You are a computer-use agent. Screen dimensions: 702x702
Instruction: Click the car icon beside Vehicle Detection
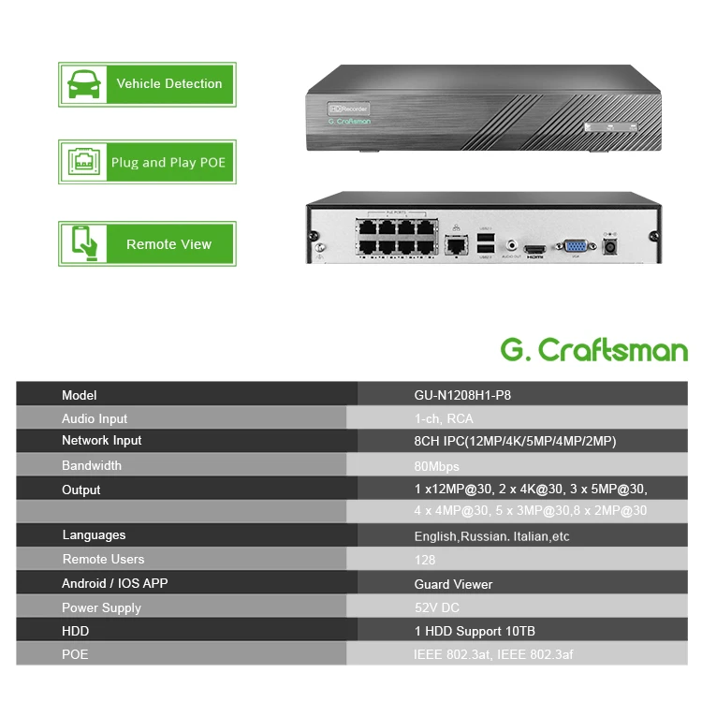[81, 84]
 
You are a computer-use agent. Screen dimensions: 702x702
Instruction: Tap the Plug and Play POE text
[168, 163]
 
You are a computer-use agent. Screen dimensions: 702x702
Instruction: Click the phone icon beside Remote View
[81, 244]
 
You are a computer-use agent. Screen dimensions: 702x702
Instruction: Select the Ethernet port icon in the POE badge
[81, 163]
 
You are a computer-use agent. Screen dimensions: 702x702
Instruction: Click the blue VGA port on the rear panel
[575, 247]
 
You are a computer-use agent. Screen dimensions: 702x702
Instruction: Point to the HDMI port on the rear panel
[534, 250]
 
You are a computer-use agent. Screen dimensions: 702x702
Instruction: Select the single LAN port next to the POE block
[456, 245]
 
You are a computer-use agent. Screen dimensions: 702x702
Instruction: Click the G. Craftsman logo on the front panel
[349, 121]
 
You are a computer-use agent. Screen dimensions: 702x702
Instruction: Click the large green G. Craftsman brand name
[594, 351]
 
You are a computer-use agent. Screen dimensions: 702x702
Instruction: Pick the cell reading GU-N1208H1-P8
[462, 395]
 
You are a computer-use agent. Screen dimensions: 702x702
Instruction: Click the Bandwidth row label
[92, 465]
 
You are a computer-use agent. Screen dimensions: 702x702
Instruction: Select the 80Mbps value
[436, 466]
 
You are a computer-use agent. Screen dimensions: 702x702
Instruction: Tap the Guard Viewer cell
[453, 584]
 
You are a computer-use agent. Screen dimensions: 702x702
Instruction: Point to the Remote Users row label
[103, 559]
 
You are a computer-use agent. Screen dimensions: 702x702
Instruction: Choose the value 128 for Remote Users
[425, 560]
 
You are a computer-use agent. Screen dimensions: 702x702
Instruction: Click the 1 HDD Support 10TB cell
[475, 631]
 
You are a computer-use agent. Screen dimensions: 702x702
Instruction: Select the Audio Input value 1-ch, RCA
[444, 418]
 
